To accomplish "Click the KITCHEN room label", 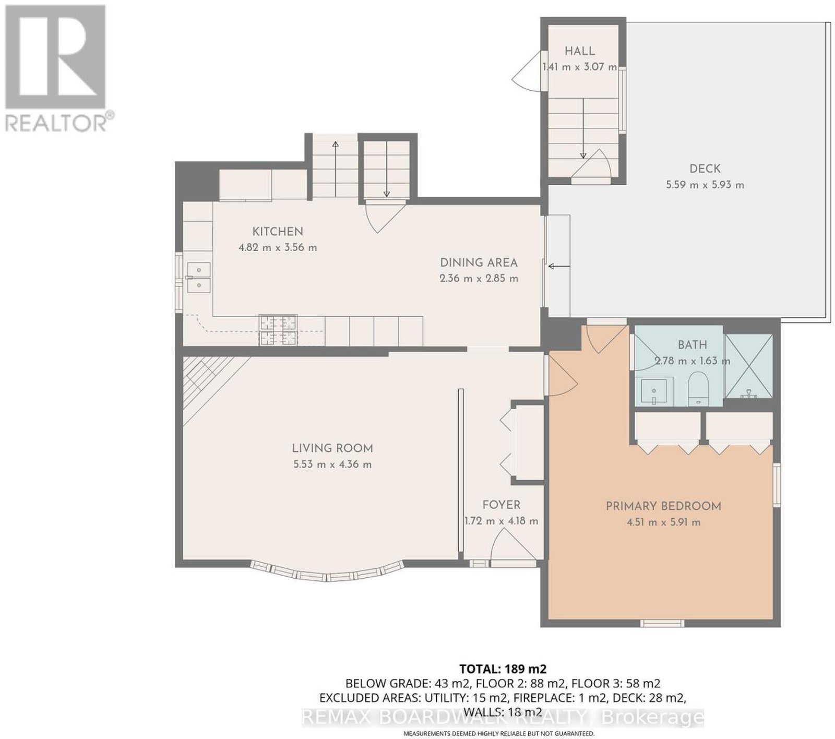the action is tap(278, 231).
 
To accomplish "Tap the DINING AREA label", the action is tap(479, 263).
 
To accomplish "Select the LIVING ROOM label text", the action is tap(332, 448).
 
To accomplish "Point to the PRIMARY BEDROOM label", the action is tap(663, 506).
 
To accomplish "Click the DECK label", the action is tap(705, 169).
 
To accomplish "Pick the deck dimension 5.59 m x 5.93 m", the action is tap(705, 185).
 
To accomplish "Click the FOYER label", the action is tap(501, 505).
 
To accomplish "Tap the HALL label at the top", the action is tap(580, 51).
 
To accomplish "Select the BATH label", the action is tap(693, 344).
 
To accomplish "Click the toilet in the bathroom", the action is tap(698, 388).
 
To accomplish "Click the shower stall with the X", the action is tap(748, 366).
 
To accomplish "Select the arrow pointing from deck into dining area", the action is tap(558, 266).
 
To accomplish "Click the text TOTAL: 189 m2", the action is tap(503, 669).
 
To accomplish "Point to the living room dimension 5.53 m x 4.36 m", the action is tap(332, 464).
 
